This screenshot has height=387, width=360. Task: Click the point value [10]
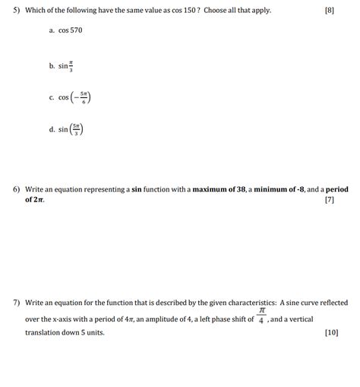click(331, 333)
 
